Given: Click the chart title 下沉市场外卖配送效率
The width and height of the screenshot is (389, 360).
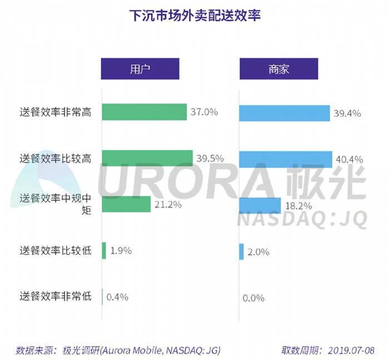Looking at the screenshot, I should (194, 16).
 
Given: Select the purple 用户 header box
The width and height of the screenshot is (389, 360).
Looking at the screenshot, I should (139, 69).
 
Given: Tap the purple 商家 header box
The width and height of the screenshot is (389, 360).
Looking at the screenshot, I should (278, 69).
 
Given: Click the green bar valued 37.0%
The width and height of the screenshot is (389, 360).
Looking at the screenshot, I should (144, 112).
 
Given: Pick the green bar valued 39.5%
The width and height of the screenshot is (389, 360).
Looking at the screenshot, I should (147, 158).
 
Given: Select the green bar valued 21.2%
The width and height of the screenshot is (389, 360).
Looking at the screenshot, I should (126, 204).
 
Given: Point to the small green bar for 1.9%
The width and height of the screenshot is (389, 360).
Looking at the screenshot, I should (104, 251).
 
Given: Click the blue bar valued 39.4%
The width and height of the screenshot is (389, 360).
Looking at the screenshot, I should (284, 113).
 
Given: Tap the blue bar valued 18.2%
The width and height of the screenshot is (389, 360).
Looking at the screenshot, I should (260, 205).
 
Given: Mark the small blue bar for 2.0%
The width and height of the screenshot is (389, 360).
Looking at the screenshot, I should (241, 252).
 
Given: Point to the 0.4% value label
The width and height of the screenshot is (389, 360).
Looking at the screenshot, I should (117, 297).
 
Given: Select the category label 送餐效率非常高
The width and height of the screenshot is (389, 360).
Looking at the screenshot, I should (55, 112).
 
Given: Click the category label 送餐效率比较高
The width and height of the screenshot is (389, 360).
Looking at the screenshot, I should (55, 158).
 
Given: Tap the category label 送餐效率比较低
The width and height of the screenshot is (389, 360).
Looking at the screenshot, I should (55, 251).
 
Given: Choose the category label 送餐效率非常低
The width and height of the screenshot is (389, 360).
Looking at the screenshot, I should (55, 297).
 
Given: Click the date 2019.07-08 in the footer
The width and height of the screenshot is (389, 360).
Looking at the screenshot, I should (352, 350).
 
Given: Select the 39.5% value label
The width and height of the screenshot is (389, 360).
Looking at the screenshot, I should (210, 158).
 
